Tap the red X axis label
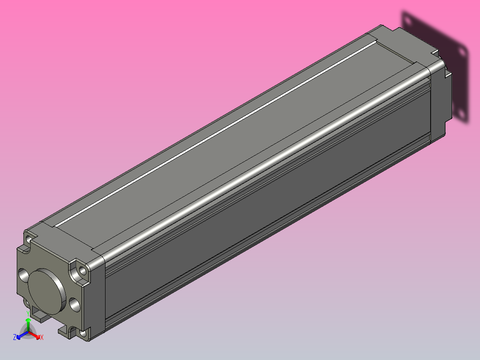(42, 338)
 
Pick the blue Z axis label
(15, 337)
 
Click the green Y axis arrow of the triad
(28, 324)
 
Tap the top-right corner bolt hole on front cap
(81, 270)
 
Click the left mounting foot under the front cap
(41, 317)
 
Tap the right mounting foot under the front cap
(67, 331)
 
